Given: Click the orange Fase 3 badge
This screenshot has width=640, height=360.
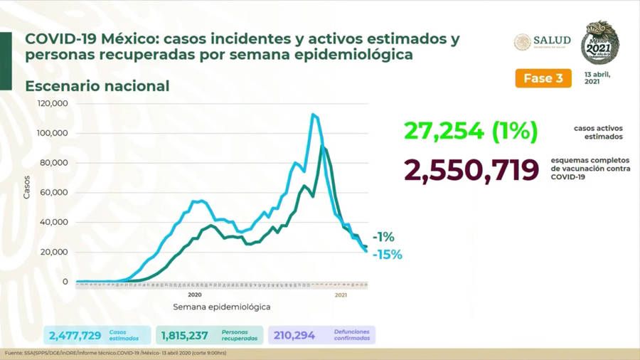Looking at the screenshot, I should point(543,78).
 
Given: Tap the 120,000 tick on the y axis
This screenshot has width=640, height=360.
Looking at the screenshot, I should point(53,103).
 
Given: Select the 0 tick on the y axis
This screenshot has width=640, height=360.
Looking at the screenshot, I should point(65,282).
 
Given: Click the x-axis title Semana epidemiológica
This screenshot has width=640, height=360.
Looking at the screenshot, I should point(221,307).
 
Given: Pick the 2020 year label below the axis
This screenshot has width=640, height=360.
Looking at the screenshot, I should point(195,294).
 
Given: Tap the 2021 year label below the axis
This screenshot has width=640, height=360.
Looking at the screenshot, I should point(341,294).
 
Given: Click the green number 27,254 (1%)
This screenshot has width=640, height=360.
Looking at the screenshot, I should point(470,131).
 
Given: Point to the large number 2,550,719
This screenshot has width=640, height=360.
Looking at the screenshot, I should point(471,171).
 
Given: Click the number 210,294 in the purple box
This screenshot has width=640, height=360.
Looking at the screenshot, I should point(294,335).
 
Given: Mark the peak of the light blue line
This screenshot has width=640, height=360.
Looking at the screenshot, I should point(312,114).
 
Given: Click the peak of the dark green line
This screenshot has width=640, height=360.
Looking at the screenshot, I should point(323,147).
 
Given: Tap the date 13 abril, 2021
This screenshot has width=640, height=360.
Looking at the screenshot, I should point(598,78).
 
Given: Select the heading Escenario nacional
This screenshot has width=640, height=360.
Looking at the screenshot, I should point(97,86).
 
